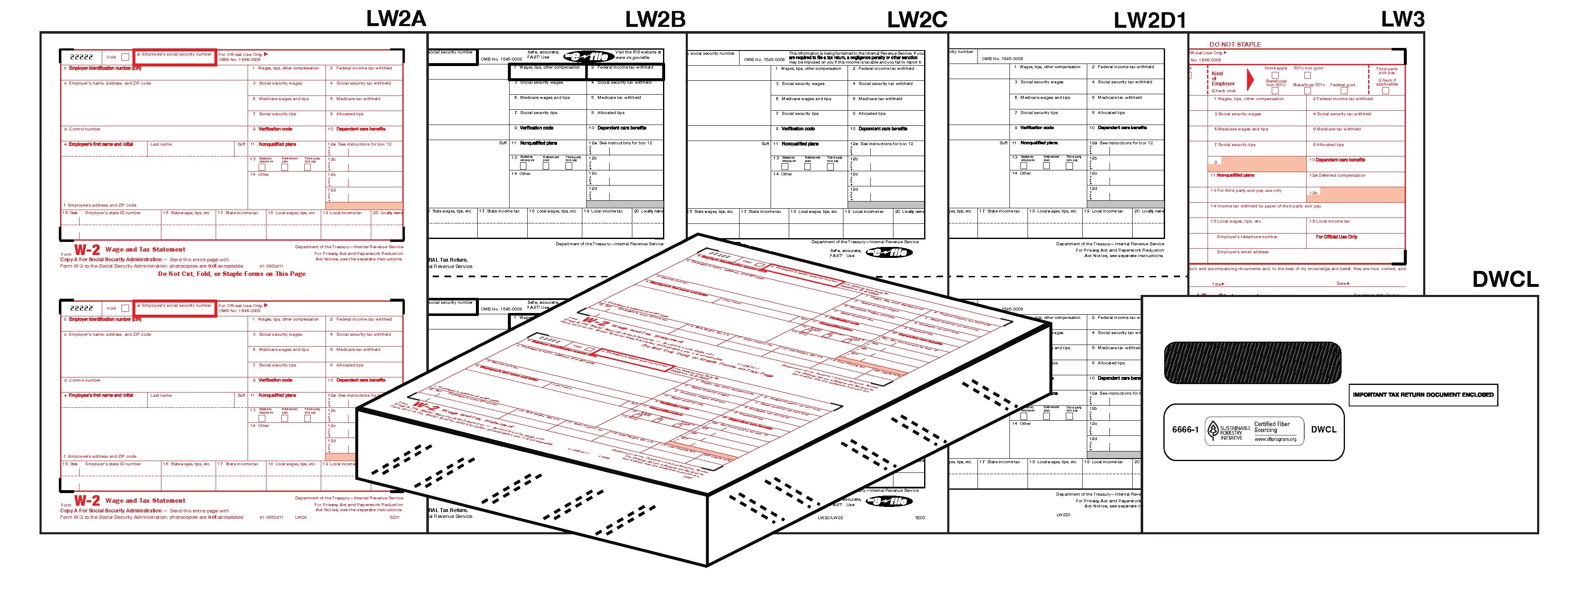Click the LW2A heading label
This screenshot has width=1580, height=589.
[x=396, y=19]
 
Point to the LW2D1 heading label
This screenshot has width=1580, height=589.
[x=1149, y=20]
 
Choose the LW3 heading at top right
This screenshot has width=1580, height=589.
[x=1402, y=19]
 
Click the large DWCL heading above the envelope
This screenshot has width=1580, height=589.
[x=1505, y=280]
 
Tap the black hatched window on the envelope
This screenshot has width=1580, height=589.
[x=1252, y=363]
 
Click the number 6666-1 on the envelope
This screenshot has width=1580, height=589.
[x=1185, y=430]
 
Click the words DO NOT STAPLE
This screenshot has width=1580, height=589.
[x=1235, y=44]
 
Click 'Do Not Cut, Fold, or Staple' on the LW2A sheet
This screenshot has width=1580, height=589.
[x=232, y=273]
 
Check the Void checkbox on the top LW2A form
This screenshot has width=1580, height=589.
[x=125, y=57]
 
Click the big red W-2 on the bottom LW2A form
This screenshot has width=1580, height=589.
[x=87, y=501]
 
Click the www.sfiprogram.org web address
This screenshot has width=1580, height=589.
[x=1275, y=439]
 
